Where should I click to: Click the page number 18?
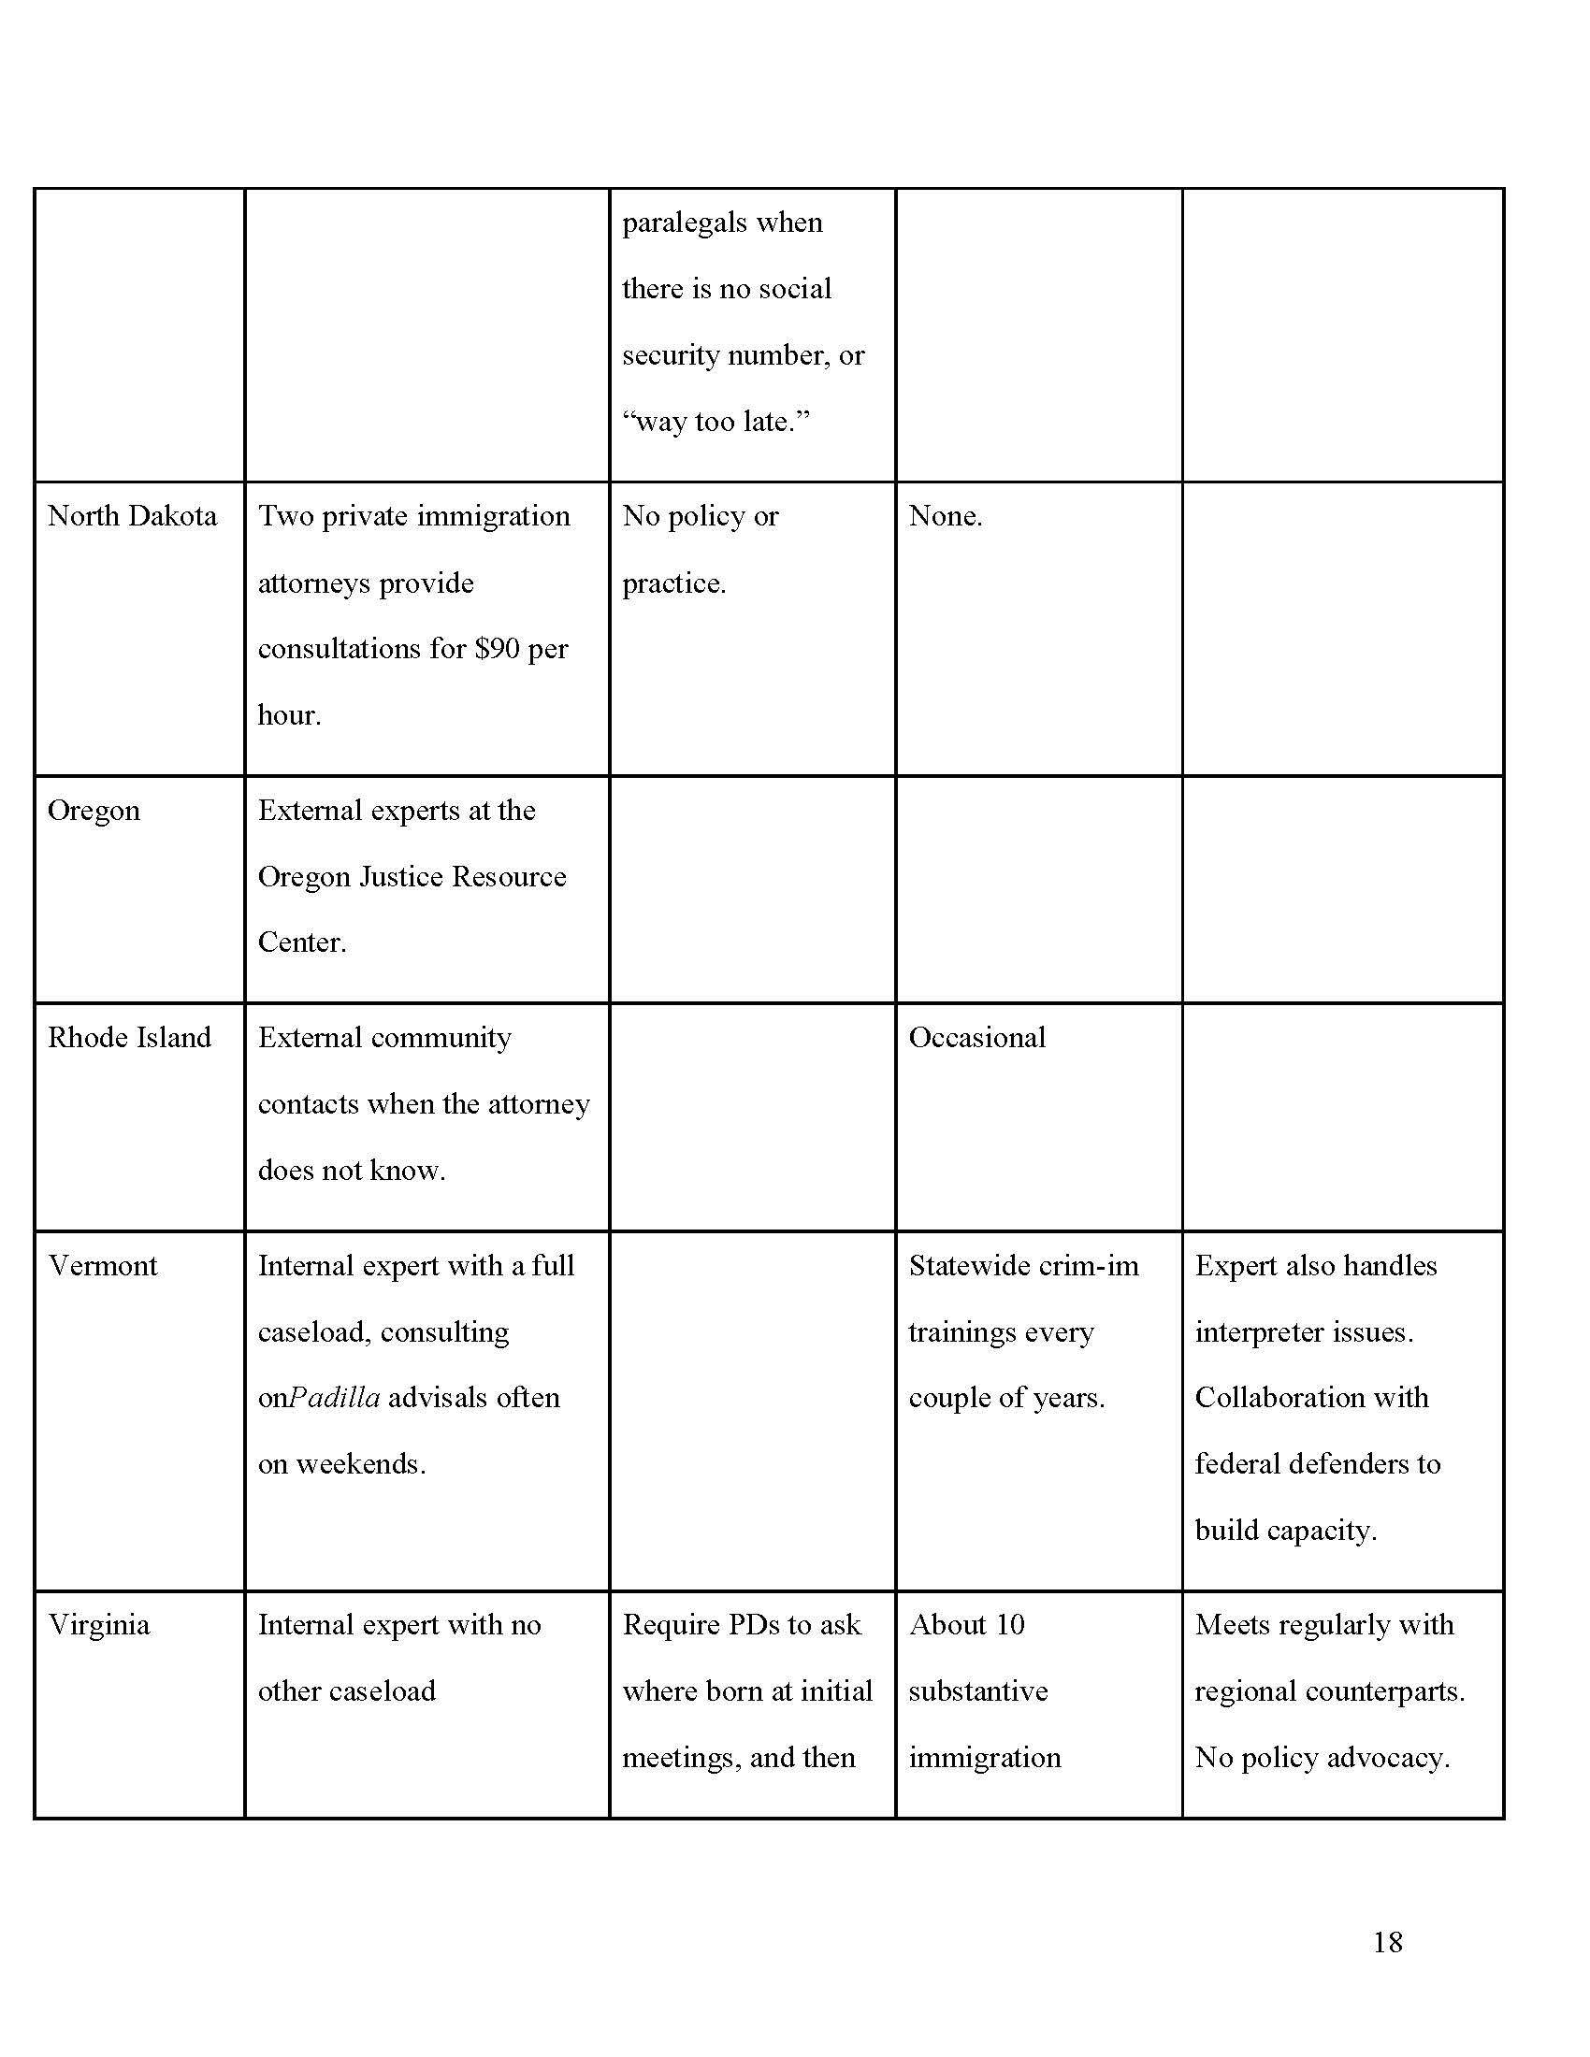(x=1386, y=1941)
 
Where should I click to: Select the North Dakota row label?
(x=132, y=516)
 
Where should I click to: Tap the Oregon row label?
(x=94, y=810)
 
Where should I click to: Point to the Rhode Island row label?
(x=129, y=1037)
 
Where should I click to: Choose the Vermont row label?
(x=103, y=1265)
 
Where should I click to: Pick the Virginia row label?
(x=99, y=1625)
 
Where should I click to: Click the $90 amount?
(x=498, y=649)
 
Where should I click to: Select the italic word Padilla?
(x=335, y=1397)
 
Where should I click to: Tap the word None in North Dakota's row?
(x=945, y=516)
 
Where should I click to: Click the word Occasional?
(x=976, y=1037)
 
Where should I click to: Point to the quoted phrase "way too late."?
(x=715, y=421)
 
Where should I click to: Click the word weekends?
(x=361, y=1463)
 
